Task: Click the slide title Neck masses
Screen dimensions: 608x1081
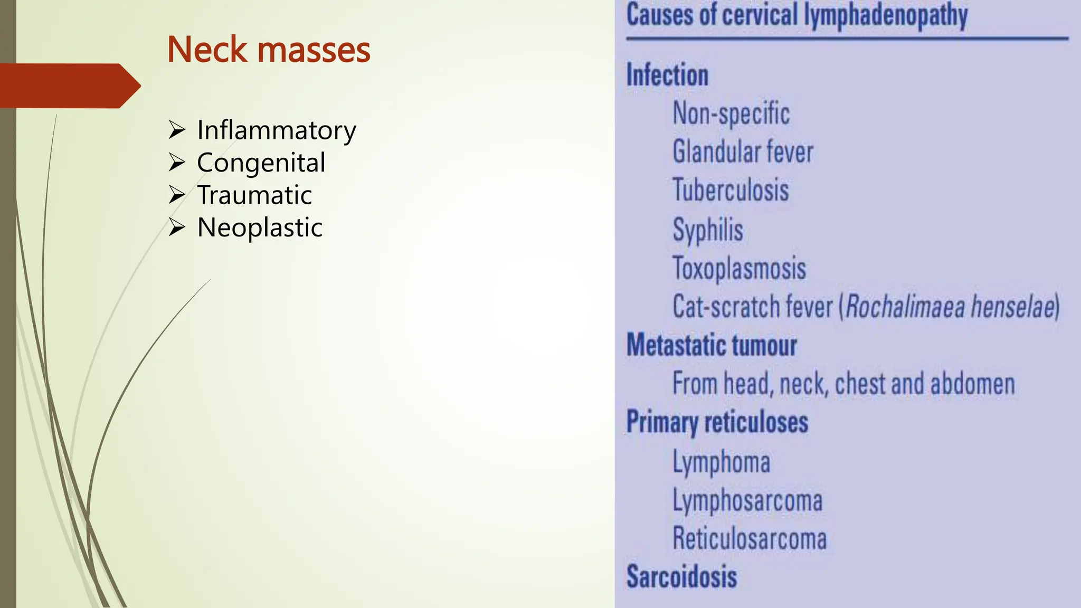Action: coord(269,50)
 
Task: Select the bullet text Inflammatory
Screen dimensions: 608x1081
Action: coord(277,130)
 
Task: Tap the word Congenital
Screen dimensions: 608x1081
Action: coord(261,163)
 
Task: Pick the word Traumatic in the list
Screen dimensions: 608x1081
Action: coord(254,195)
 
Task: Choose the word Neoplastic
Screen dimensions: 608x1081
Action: coord(260,227)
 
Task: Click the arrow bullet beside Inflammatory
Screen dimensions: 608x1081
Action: coord(177,130)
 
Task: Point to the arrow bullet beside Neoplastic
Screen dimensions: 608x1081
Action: coord(177,227)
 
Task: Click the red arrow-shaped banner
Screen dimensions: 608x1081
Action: coord(69,86)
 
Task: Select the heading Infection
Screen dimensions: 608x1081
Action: coord(667,75)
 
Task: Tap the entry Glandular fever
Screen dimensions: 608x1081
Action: coord(743,152)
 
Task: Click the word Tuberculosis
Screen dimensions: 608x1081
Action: coord(731,190)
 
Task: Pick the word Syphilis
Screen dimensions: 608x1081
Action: coord(708,230)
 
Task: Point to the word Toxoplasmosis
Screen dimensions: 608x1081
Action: coord(739,268)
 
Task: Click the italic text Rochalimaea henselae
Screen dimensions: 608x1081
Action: coord(950,307)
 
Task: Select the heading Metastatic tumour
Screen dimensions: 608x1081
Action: coord(712,346)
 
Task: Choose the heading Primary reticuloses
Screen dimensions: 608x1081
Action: coord(717,422)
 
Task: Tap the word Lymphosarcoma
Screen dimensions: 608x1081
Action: coord(747,500)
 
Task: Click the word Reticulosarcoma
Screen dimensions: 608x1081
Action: coord(750,539)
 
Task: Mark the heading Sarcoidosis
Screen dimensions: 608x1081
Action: coord(681,576)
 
